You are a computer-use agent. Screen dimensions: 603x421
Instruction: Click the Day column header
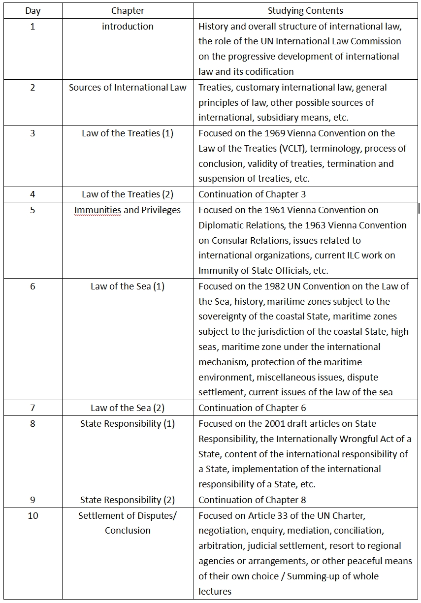point(32,10)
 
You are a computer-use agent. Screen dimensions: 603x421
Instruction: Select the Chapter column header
point(128,10)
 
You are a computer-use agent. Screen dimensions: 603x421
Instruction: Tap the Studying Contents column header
point(305,10)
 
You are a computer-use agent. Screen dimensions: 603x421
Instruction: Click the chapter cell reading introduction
point(128,26)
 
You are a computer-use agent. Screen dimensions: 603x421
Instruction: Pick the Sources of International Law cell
point(128,87)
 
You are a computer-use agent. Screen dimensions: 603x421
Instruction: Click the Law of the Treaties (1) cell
point(128,133)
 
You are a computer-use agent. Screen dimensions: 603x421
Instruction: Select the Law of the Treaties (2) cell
point(128,194)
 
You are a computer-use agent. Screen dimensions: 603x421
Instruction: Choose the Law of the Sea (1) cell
point(128,286)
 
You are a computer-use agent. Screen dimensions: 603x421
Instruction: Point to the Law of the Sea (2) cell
point(128,408)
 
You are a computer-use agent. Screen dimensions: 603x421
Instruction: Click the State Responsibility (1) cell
point(128,423)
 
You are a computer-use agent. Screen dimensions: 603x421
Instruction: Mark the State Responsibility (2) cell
point(128,500)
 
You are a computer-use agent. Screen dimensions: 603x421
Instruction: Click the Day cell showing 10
point(32,515)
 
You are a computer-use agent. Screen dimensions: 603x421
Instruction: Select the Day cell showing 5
point(32,210)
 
